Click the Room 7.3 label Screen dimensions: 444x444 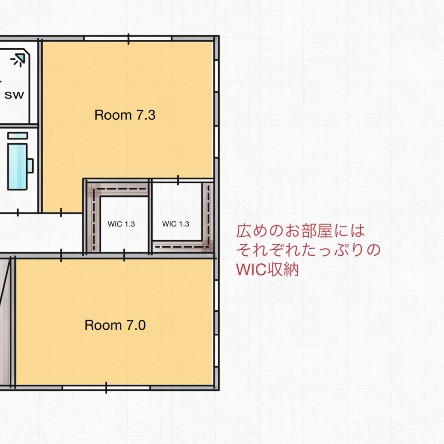(x=125, y=115)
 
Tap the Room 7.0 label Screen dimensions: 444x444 (x=115, y=326)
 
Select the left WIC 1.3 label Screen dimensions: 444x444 (x=121, y=224)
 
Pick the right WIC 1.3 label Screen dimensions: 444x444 (x=176, y=224)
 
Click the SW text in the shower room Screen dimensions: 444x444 (x=14, y=95)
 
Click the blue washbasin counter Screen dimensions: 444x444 (x=18, y=166)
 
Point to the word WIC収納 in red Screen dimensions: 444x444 (x=267, y=270)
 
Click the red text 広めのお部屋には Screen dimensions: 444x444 (x=301, y=231)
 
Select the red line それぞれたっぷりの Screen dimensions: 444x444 (x=309, y=250)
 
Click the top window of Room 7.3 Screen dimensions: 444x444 (x=128, y=39)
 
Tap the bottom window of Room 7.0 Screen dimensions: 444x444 (x=106, y=388)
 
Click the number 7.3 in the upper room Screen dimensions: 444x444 (x=146, y=115)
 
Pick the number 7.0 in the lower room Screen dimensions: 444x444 (x=136, y=326)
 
